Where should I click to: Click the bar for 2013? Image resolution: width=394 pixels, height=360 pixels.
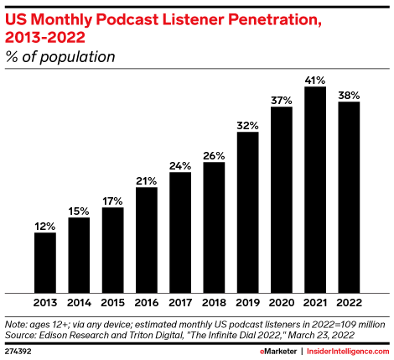[x=45, y=262]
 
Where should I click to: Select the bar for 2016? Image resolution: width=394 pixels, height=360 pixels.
[x=146, y=239]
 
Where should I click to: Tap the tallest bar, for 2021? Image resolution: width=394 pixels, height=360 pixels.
[x=315, y=189]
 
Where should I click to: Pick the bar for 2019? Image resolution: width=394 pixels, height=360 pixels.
[x=247, y=211]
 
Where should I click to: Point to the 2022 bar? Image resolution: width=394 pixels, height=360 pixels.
[x=349, y=196]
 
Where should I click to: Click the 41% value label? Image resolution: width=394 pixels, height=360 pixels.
[x=315, y=79]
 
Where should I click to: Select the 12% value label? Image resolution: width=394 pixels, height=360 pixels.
[x=45, y=226]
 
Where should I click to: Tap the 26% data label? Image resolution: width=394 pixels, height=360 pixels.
[x=214, y=154]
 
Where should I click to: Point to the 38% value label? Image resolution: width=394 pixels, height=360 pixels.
[x=349, y=94]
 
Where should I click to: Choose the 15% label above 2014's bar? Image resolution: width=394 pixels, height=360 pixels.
[x=79, y=211]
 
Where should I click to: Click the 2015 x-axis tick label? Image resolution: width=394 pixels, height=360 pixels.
[x=112, y=302]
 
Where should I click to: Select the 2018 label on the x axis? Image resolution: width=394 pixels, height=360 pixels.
[x=214, y=302]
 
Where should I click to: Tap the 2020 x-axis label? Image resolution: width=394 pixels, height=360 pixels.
[x=282, y=302]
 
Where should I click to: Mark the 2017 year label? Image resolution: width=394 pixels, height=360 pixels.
[x=180, y=302]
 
